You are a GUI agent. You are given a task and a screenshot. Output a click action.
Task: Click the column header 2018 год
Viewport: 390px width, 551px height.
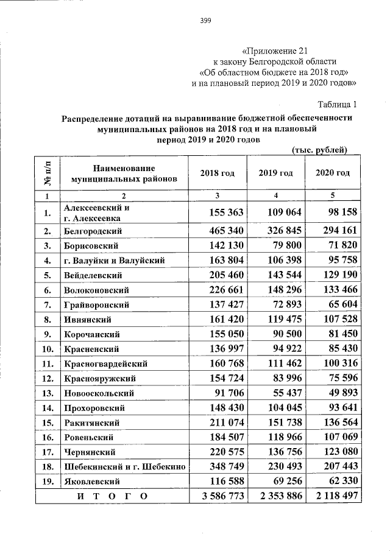pyautogui.click(x=218, y=173)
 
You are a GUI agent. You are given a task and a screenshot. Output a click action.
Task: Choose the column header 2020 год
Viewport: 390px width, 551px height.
pyautogui.click(x=333, y=173)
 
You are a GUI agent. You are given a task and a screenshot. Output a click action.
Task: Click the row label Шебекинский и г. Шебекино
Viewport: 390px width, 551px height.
pyautogui.click(x=124, y=466)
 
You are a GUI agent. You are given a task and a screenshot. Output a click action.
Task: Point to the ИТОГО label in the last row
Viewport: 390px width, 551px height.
pyautogui.click(x=113, y=496)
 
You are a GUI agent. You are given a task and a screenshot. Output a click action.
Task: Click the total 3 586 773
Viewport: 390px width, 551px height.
pyautogui.click(x=218, y=496)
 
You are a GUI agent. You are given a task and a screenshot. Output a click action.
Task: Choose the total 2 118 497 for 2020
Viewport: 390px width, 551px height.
pyautogui.click(x=333, y=496)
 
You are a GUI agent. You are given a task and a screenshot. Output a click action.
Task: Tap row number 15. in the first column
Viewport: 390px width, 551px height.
pyautogui.click(x=47, y=423)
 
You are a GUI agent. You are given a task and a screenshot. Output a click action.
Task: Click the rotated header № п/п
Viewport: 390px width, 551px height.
pyautogui.click(x=48, y=173)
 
